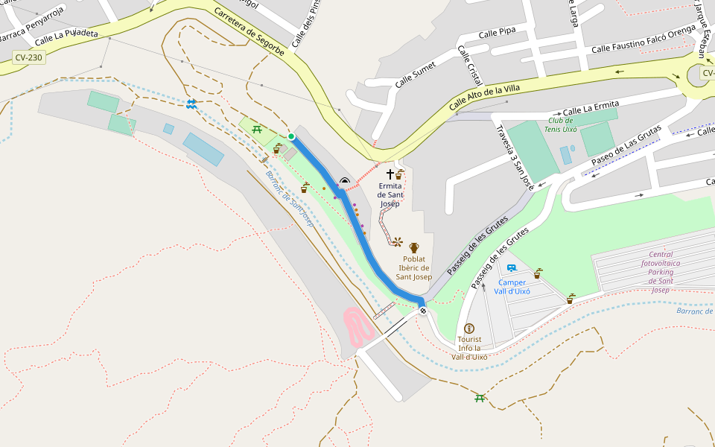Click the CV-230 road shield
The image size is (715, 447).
coord(28,57)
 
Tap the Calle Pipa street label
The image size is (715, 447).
coord(497,34)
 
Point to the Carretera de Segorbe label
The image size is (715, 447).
coord(249,32)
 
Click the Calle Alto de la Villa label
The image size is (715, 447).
coord(484,98)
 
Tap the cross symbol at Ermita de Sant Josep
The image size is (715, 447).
coord(390,174)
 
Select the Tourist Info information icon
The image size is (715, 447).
coord(469,329)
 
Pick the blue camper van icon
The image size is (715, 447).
coord(512,268)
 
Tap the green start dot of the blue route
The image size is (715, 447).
coord(291,136)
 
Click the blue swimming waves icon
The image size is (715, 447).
coord(191,104)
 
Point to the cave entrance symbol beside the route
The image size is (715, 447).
coord(344,180)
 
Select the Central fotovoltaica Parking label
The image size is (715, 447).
coord(660,272)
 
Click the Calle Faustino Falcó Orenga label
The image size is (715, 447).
coord(643,42)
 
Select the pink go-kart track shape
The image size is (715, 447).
coord(359,326)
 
